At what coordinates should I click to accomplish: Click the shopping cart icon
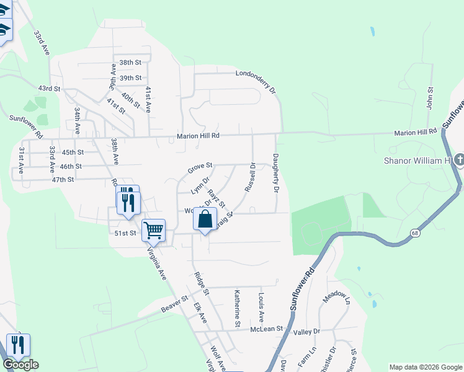click(x=153, y=231)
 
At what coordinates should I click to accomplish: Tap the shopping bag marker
click(x=205, y=220)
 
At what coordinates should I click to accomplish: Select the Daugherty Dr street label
click(x=276, y=173)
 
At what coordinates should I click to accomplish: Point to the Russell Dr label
click(x=251, y=177)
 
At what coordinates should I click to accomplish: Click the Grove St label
click(x=200, y=167)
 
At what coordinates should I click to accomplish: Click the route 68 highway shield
click(x=414, y=232)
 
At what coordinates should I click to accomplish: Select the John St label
click(x=429, y=98)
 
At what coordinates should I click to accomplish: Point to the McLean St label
click(x=267, y=329)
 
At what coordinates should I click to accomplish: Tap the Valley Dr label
click(x=306, y=332)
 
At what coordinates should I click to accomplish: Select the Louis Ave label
click(x=262, y=308)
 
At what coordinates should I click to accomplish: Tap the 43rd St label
click(x=48, y=89)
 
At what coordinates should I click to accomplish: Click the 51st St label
click(x=125, y=233)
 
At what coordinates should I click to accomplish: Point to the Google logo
click(x=20, y=365)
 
